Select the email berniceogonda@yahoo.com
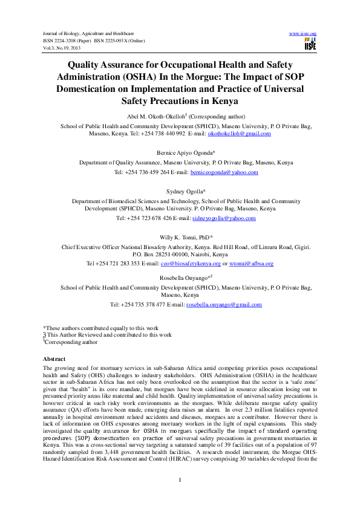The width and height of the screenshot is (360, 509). pos(224,172)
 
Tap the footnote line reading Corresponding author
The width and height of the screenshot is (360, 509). pos(71,342)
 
